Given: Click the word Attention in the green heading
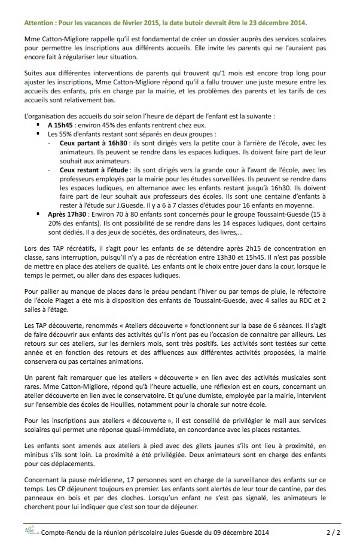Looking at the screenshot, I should click(x=41, y=22).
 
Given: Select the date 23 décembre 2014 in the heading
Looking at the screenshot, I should click(x=277, y=22).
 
